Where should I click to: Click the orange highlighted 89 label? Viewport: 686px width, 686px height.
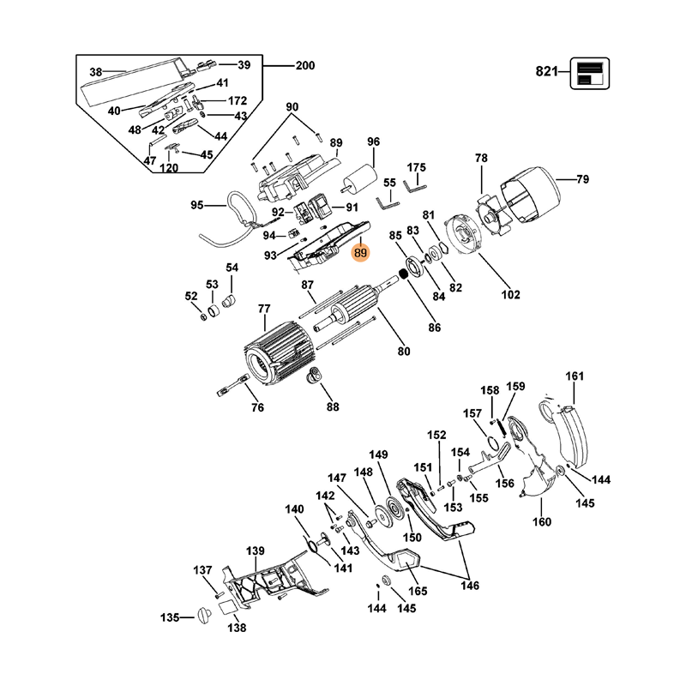(x=360, y=253)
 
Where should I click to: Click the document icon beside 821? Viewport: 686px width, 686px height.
(x=590, y=73)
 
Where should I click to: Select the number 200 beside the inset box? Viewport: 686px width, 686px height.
(x=304, y=66)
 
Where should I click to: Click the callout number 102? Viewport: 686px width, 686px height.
(x=510, y=295)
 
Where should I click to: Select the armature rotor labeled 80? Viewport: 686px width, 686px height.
(x=347, y=312)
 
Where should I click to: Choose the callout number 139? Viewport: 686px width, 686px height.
(x=256, y=551)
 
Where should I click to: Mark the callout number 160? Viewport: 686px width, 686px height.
(x=542, y=522)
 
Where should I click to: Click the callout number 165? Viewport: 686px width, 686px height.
(x=418, y=591)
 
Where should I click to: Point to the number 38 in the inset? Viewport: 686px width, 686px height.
(x=96, y=72)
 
